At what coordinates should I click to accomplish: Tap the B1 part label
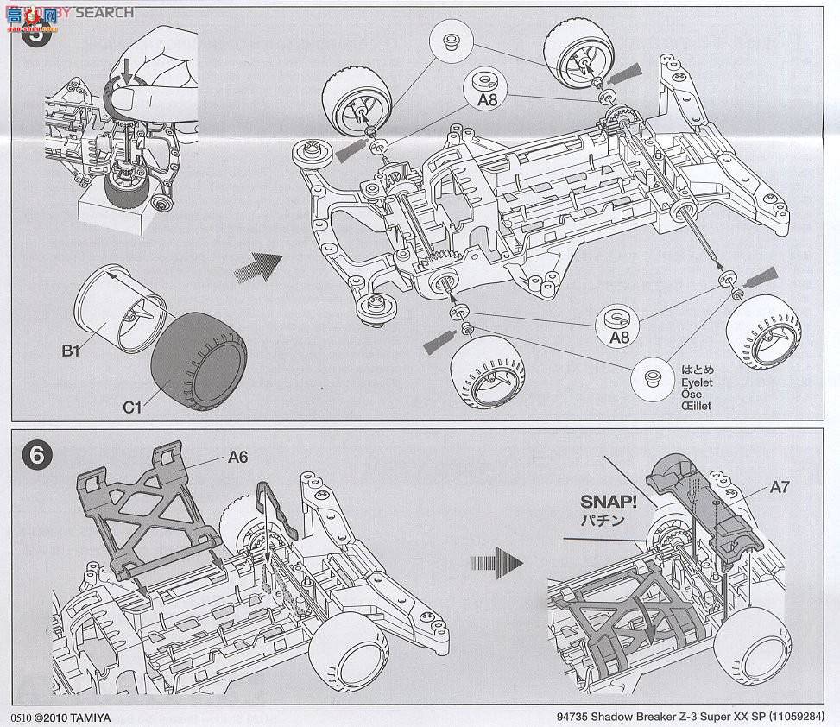click(71, 351)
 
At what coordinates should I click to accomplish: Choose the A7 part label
click(780, 487)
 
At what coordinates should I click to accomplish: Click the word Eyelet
click(693, 381)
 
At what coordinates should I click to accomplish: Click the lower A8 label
click(619, 338)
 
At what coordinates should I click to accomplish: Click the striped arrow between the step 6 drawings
click(497, 563)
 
